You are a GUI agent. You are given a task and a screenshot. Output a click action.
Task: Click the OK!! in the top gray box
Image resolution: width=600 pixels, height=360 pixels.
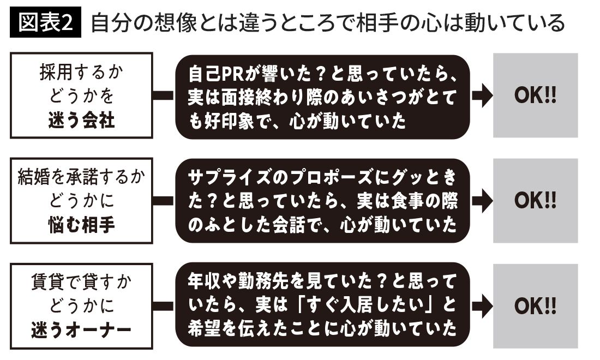[535, 95]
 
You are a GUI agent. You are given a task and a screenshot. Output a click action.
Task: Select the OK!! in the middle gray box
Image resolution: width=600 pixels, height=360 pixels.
[535, 201]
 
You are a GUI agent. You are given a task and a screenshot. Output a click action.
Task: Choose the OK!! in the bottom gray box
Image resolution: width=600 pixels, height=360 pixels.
[535, 306]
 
